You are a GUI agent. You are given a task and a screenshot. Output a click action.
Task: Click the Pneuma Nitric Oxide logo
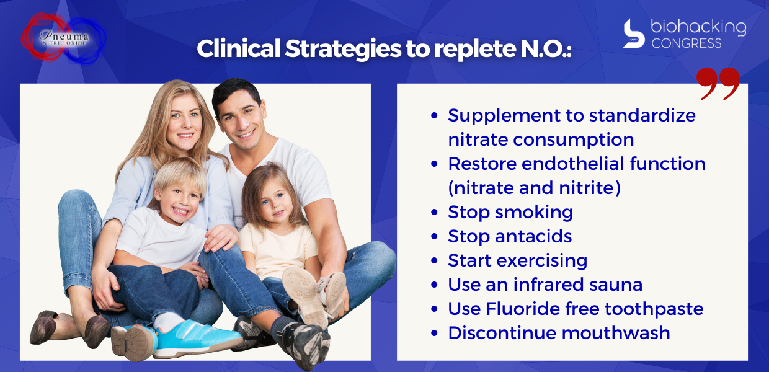click(64, 38)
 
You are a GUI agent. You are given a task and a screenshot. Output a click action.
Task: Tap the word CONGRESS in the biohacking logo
click(687, 43)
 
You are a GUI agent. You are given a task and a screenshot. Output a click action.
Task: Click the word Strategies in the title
click(343, 49)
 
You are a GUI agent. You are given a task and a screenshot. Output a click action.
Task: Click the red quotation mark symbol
click(718, 84)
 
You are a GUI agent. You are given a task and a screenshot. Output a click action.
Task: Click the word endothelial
click(572, 163)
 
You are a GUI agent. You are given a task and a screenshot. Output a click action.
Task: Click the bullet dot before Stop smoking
click(434, 213)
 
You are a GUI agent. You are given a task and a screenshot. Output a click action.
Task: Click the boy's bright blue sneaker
click(197, 339)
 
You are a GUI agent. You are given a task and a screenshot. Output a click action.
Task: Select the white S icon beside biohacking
click(633, 33)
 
